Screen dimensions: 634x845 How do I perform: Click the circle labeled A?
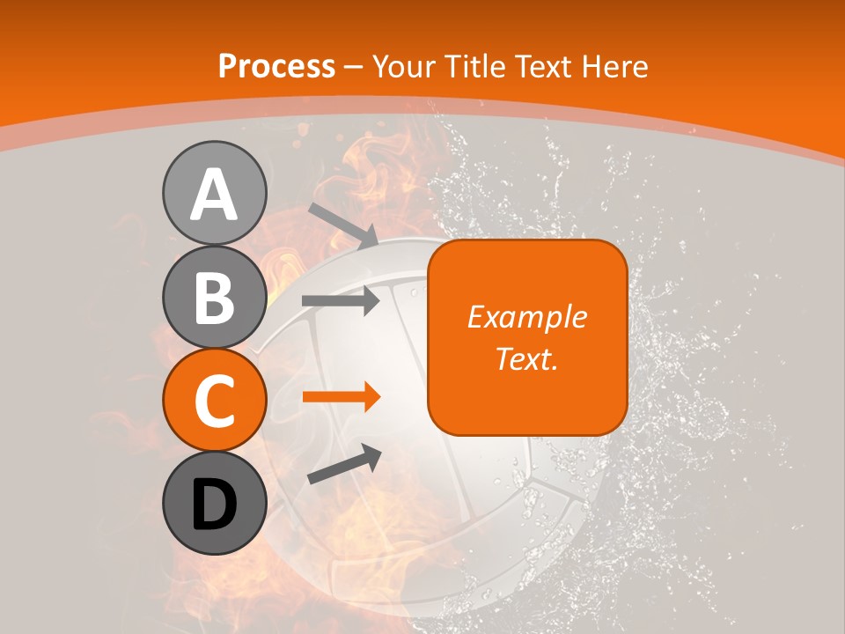[x=214, y=193]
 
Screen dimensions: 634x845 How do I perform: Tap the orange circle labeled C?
[x=214, y=400]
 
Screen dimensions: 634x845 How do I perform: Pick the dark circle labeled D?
[x=214, y=504]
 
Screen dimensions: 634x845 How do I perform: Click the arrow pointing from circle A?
[x=342, y=225]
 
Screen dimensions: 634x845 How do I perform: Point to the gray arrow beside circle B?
[x=342, y=300]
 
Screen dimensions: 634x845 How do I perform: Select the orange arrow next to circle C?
[x=342, y=397]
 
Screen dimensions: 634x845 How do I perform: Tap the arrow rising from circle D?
[x=344, y=464]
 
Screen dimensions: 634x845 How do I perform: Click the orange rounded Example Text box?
[x=527, y=337]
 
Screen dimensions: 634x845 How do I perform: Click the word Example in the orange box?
[x=526, y=317]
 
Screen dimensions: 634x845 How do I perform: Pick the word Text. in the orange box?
[x=526, y=358]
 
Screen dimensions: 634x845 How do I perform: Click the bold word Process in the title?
[x=276, y=66]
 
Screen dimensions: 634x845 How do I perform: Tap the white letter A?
[x=214, y=195]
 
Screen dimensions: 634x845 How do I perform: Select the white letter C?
[x=214, y=402]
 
